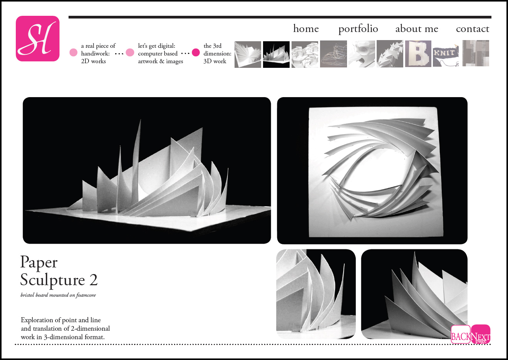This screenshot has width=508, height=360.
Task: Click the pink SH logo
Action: point(38,39)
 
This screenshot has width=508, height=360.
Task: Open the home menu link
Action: point(306,29)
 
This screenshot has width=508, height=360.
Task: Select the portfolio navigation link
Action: point(358,29)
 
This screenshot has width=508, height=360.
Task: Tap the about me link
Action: point(417,29)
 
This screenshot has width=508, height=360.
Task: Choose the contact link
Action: point(473,29)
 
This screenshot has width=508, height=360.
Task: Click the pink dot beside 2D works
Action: point(74,52)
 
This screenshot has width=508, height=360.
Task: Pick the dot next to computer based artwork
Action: point(130,52)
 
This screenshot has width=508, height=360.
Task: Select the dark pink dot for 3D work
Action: point(196,52)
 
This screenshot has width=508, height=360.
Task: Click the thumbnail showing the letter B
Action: point(418,54)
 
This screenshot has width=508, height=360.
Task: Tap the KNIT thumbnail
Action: point(446,56)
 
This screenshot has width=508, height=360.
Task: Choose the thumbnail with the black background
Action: point(276,54)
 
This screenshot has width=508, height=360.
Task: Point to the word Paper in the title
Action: point(39,263)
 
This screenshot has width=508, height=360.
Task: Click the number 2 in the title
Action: point(94,280)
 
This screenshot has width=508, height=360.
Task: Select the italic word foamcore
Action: point(86,295)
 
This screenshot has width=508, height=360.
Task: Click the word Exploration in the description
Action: point(40,320)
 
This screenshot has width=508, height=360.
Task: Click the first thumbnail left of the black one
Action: point(248,54)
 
